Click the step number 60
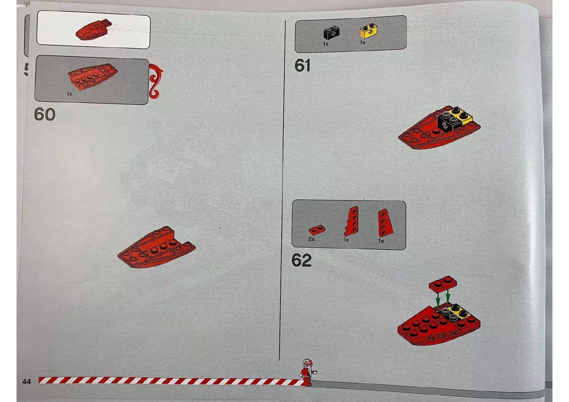point(44,114)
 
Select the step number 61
point(302,65)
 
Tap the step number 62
point(302,260)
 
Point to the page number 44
point(27,382)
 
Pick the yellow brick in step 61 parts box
point(369,31)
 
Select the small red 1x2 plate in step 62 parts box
point(317,230)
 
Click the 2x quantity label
point(311,239)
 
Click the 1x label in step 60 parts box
point(69,94)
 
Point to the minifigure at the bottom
point(307,372)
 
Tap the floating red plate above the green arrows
point(443,284)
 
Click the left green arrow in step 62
point(438,300)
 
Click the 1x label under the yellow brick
point(362,42)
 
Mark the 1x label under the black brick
point(326,44)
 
